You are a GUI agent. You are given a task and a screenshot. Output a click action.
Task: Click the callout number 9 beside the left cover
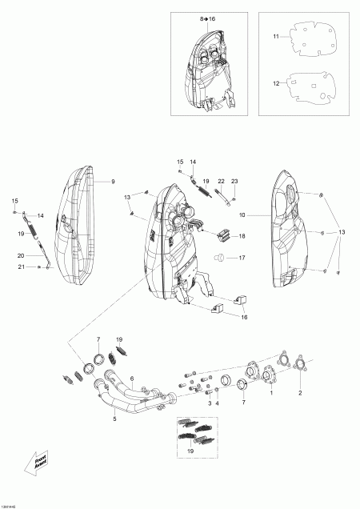pyautogui.click(x=113, y=182)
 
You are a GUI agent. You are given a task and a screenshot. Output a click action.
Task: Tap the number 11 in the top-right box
pyautogui.click(x=276, y=37)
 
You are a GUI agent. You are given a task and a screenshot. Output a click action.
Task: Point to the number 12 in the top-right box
pyautogui.click(x=276, y=83)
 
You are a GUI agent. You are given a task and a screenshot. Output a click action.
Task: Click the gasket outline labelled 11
pyautogui.click(x=310, y=35)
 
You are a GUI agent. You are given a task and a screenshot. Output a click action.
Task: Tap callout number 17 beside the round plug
pyautogui.click(x=242, y=258)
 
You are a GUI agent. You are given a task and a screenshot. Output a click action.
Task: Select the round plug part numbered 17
pyautogui.click(x=217, y=257)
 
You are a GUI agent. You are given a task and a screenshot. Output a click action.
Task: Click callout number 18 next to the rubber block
pyautogui.click(x=242, y=236)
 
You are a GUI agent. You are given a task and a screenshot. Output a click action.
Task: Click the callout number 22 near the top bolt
pyautogui.click(x=221, y=182)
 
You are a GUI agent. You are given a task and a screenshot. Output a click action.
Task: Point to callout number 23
pyautogui.click(x=234, y=182)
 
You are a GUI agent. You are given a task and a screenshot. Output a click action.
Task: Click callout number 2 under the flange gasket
pyautogui.click(x=301, y=394)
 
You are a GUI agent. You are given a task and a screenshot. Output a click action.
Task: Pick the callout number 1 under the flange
pyautogui.click(x=270, y=394)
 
